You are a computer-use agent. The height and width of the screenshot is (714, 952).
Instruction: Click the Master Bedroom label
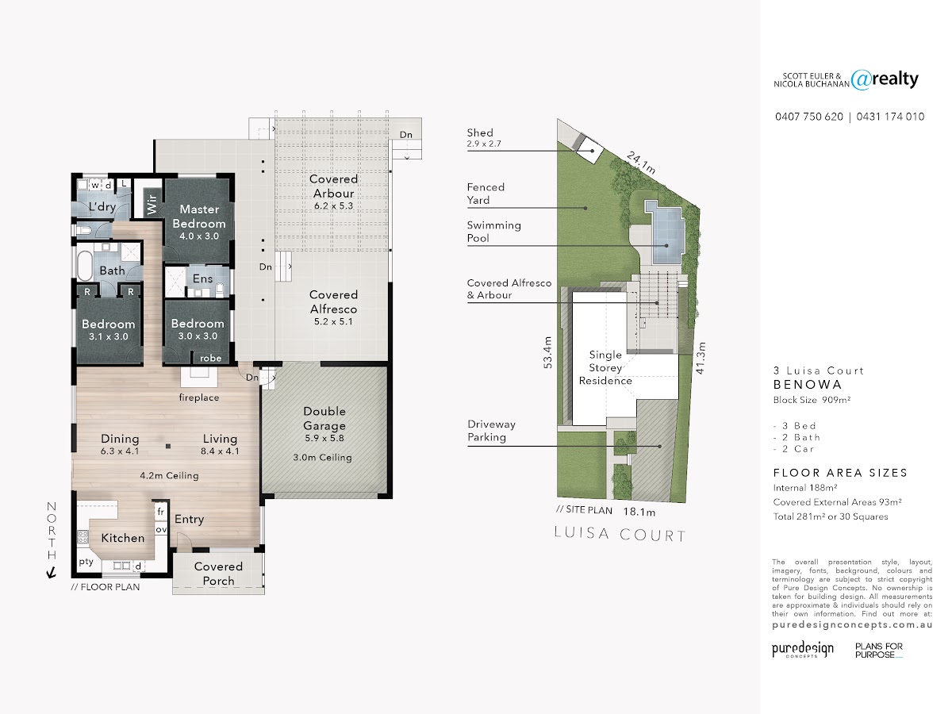(x=199, y=217)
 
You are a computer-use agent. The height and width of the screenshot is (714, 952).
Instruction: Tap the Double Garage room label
(x=324, y=418)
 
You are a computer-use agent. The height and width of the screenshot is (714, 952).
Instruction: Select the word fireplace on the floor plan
(x=199, y=397)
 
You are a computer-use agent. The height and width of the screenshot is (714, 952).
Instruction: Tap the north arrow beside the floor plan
(x=52, y=573)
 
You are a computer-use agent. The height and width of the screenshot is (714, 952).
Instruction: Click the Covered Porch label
(x=218, y=574)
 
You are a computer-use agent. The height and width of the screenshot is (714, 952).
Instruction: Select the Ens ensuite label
(x=202, y=278)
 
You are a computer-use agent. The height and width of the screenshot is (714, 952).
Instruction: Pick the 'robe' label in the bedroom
(x=211, y=358)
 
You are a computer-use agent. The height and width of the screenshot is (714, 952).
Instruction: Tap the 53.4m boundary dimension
(x=547, y=352)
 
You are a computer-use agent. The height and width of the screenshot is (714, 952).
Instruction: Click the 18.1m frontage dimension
(x=639, y=512)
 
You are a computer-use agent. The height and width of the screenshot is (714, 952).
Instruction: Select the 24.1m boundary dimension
(x=641, y=163)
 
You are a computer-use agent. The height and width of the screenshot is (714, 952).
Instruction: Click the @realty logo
(x=885, y=79)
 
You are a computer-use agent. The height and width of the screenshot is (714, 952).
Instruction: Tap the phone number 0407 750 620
(x=809, y=117)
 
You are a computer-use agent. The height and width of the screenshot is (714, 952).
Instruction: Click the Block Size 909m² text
(x=812, y=400)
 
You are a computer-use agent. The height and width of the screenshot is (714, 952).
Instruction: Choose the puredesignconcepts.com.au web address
(x=852, y=624)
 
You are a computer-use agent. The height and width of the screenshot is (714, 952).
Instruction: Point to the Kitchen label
(x=123, y=538)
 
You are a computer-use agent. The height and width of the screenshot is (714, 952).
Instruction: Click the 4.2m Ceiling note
(x=169, y=475)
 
